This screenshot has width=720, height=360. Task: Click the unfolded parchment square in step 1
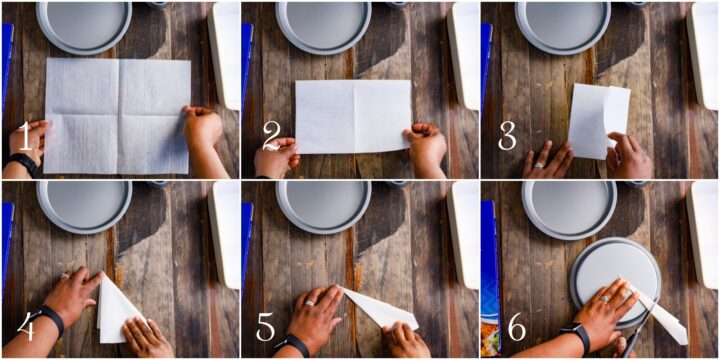click(x=117, y=114)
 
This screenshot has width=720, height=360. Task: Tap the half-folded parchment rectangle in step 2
click(x=353, y=116)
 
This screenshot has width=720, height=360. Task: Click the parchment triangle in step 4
click(x=115, y=311)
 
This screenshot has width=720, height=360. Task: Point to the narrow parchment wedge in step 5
click(x=385, y=309)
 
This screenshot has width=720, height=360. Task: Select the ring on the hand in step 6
click(x=604, y=298)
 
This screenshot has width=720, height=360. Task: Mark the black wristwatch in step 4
click(x=47, y=320)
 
